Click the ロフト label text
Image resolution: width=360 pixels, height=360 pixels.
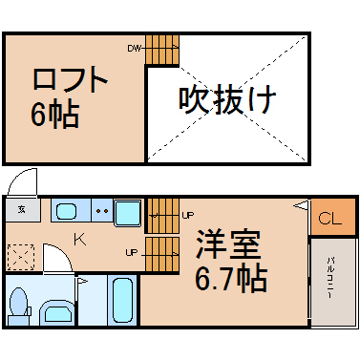(x=70, y=79)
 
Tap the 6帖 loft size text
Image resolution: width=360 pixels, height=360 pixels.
(x=55, y=115)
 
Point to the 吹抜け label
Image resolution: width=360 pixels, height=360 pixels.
(x=227, y=100)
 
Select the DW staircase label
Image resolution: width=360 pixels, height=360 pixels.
(x=134, y=49)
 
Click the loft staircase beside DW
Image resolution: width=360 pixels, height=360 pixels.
(x=162, y=50)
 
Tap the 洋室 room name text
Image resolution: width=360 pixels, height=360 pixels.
(x=228, y=244)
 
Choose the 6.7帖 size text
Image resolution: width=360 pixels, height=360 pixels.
(x=230, y=280)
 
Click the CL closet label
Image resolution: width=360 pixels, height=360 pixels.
(x=329, y=219)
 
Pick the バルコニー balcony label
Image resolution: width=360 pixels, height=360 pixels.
(x=329, y=278)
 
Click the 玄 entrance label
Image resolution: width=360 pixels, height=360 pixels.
(x=21, y=209)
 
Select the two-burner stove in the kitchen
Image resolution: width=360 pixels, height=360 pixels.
(x=102, y=210)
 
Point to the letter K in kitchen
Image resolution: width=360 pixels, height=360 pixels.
(x=80, y=239)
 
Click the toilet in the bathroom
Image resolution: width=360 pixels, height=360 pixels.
(x=19, y=307)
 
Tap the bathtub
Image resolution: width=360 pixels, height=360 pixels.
(x=122, y=300)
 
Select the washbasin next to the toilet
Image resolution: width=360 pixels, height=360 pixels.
(x=57, y=313)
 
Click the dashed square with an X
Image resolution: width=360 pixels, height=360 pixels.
(x=21, y=257)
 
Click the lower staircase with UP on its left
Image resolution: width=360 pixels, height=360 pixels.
(x=162, y=254)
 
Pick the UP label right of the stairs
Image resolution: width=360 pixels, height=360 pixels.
(x=188, y=216)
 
